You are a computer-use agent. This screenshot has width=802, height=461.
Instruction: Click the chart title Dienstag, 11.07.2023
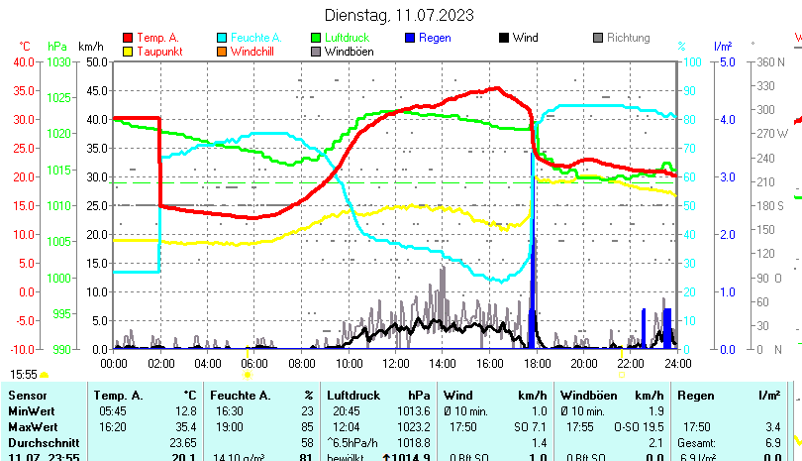(x=400, y=15)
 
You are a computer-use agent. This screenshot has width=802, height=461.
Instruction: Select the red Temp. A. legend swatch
(x=128, y=38)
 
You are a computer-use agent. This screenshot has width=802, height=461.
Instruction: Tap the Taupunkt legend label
(x=155, y=51)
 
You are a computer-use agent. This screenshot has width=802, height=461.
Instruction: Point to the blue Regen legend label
(x=435, y=38)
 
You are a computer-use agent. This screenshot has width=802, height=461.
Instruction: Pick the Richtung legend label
(x=628, y=38)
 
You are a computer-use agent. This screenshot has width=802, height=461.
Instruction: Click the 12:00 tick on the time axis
(x=395, y=364)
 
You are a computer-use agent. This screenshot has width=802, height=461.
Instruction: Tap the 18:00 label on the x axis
(x=536, y=364)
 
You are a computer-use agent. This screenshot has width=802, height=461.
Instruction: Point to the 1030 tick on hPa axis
(x=59, y=61)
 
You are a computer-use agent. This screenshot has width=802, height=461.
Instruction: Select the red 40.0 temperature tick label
(x=22, y=61)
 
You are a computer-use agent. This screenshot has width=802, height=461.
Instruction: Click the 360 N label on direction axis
(x=770, y=61)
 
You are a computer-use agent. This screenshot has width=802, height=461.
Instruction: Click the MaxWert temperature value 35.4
(x=183, y=426)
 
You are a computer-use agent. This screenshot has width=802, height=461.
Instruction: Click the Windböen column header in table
(x=587, y=396)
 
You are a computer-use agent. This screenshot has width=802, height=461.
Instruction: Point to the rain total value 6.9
(x=773, y=441)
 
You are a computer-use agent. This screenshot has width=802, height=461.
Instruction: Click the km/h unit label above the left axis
(x=91, y=46)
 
